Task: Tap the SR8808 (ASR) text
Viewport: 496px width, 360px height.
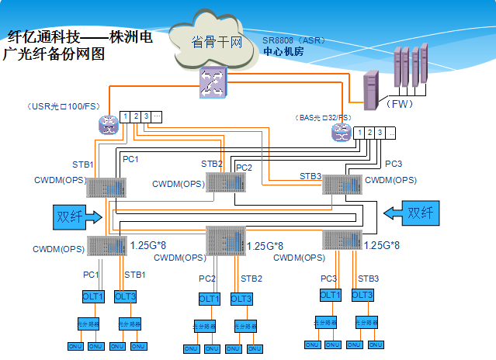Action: pos(294,41)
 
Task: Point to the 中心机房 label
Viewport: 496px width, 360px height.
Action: pos(283,51)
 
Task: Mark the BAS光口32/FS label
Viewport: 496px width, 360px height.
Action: pos(324,117)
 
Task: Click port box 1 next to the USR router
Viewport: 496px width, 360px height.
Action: pos(125,117)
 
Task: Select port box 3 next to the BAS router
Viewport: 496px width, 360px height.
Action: pos(380,133)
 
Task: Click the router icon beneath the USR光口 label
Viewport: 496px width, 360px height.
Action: pos(106,123)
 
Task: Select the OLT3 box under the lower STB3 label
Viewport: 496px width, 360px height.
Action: pos(362,295)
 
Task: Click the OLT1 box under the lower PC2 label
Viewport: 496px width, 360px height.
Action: pos(210,299)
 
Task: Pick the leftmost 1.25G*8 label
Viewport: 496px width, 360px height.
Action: pos(148,244)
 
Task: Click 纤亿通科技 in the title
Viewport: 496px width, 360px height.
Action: pos(44,36)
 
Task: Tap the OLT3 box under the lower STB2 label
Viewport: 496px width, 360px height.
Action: pos(241,299)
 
